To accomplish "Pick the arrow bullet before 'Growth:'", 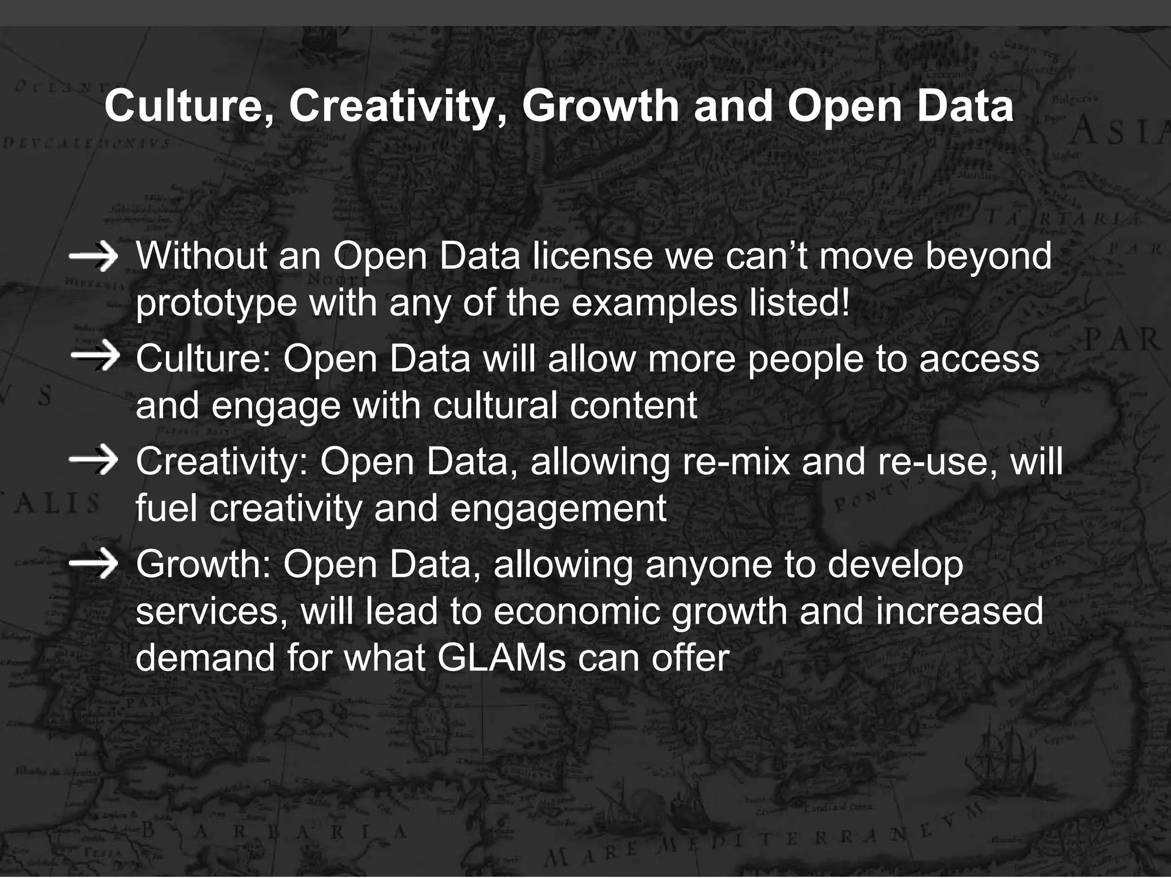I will (x=93, y=564).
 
